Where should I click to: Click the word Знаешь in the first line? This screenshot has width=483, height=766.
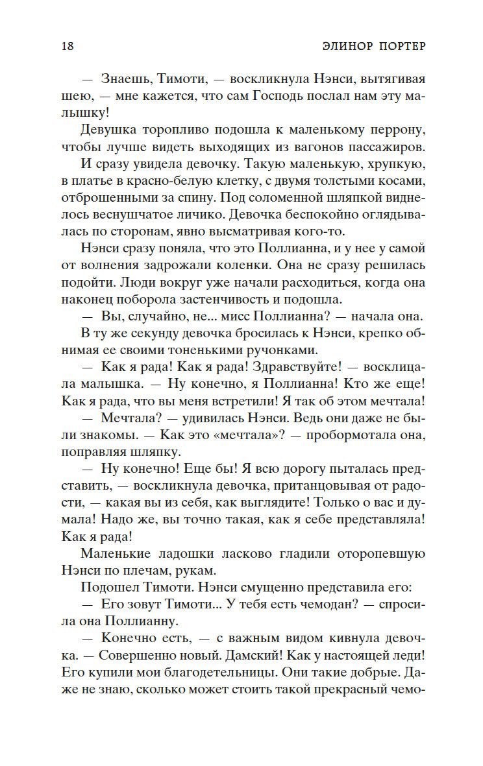(126, 80)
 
